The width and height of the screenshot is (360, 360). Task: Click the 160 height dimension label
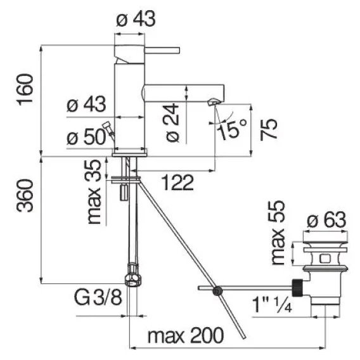point(25,89)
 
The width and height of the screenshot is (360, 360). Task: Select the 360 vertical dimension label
point(25,196)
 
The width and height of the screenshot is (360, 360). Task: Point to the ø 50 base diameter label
point(86,137)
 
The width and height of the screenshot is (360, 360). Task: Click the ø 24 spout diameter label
point(172,122)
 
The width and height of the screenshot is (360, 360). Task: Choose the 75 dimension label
point(269,129)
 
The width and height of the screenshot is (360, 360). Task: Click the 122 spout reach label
point(178,183)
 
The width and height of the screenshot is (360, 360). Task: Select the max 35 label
point(94,191)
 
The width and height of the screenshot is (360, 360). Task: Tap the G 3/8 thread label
point(98,297)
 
